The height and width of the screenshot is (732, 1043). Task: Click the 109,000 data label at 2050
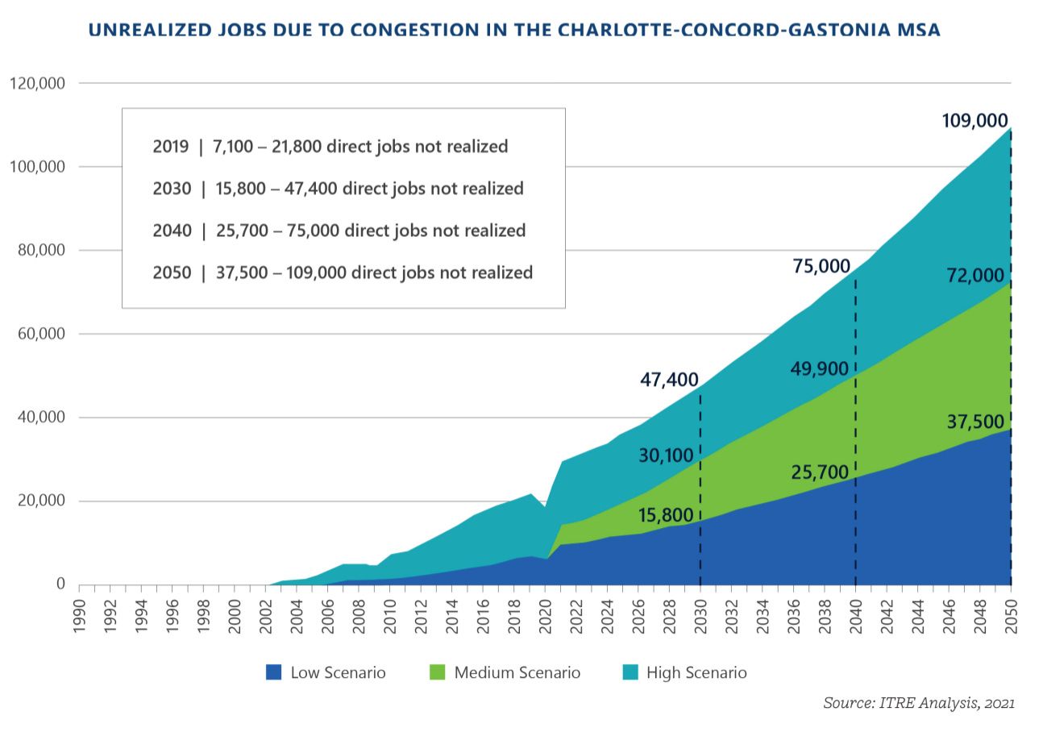(974, 121)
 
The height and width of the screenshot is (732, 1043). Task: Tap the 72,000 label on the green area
(975, 276)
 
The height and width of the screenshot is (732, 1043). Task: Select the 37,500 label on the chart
(975, 422)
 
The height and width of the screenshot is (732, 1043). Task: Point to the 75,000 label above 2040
(821, 266)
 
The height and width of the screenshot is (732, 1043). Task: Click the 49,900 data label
(820, 369)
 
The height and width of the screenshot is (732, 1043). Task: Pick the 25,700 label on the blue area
(820, 472)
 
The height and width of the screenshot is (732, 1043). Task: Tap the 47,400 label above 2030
(669, 380)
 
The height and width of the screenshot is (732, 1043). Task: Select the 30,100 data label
(666, 455)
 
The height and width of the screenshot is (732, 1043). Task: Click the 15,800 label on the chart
(666, 515)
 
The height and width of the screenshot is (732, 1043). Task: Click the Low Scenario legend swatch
(274, 672)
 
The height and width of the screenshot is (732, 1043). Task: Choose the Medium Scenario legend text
(517, 672)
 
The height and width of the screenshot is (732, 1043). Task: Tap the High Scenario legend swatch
(630, 672)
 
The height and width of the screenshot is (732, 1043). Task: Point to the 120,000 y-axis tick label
(38, 83)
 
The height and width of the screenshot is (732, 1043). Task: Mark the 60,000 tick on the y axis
(41, 334)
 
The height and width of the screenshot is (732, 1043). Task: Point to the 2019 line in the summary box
(330, 147)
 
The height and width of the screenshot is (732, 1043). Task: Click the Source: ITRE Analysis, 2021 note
(918, 703)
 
